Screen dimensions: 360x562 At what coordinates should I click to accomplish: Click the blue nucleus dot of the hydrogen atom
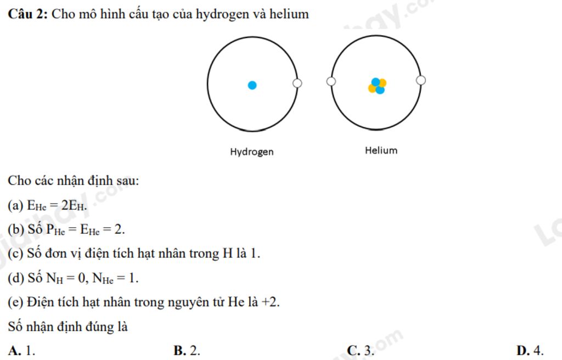pos(252,85)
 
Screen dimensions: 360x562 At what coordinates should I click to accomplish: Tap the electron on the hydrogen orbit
pos(297,83)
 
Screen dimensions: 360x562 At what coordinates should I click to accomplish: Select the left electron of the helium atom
pos(331,82)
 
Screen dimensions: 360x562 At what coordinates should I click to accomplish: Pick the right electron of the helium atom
pos(421,81)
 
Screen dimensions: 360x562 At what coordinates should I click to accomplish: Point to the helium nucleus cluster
pos(377,86)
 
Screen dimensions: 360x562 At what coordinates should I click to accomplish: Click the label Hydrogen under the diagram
pos(251,151)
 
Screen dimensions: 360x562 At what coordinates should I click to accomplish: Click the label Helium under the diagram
pos(381,150)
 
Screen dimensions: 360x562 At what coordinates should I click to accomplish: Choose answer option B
pos(187,350)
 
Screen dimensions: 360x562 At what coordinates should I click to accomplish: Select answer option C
pos(360,350)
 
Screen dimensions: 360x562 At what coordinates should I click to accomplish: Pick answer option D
pos(530,350)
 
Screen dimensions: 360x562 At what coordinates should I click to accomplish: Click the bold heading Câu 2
pos(27,14)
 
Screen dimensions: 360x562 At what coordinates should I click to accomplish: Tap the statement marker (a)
pos(15,205)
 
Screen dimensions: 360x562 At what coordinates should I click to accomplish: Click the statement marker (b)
pos(15,229)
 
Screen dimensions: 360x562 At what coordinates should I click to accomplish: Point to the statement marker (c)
pos(15,254)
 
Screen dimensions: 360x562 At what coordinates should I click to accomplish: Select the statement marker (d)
pos(15,278)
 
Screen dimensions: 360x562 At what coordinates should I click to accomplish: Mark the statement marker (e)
pos(15,302)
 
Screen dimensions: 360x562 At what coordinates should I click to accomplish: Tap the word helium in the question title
pos(289,14)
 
